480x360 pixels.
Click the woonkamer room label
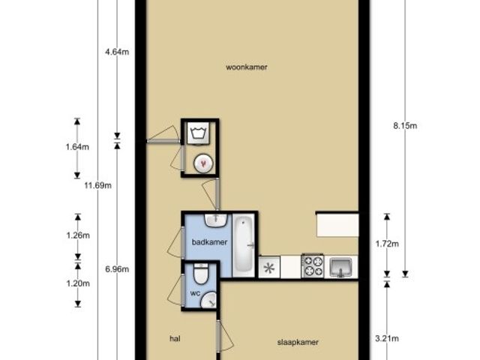[x=247, y=67]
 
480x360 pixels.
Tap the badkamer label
[x=209, y=242]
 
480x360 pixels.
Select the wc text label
[x=195, y=293]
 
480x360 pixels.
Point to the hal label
[x=175, y=338]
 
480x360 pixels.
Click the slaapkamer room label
[x=298, y=342]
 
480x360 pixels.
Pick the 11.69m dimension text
[x=98, y=185]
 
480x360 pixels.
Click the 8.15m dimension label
[x=405, y=125]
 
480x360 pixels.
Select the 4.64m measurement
[x=117, y=52]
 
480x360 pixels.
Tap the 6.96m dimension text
[x=117, y=269]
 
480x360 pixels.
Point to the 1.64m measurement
[x=77, y=147]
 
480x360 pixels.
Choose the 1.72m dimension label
[x=387, y=244]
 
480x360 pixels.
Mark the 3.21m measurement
[x=387, y=338]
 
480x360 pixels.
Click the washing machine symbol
[x=198, y=133]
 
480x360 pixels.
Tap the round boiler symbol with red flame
[x=203, y=163]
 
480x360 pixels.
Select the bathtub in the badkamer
[x=244, y=245]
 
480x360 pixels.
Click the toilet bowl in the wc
[x=200, y=273]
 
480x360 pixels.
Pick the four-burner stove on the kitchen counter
[x=313, y=266]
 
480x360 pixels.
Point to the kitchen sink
[x=340, y=267]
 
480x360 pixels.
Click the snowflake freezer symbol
[x=269, y=268]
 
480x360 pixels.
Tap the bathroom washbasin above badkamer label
[x=216, y=220]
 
